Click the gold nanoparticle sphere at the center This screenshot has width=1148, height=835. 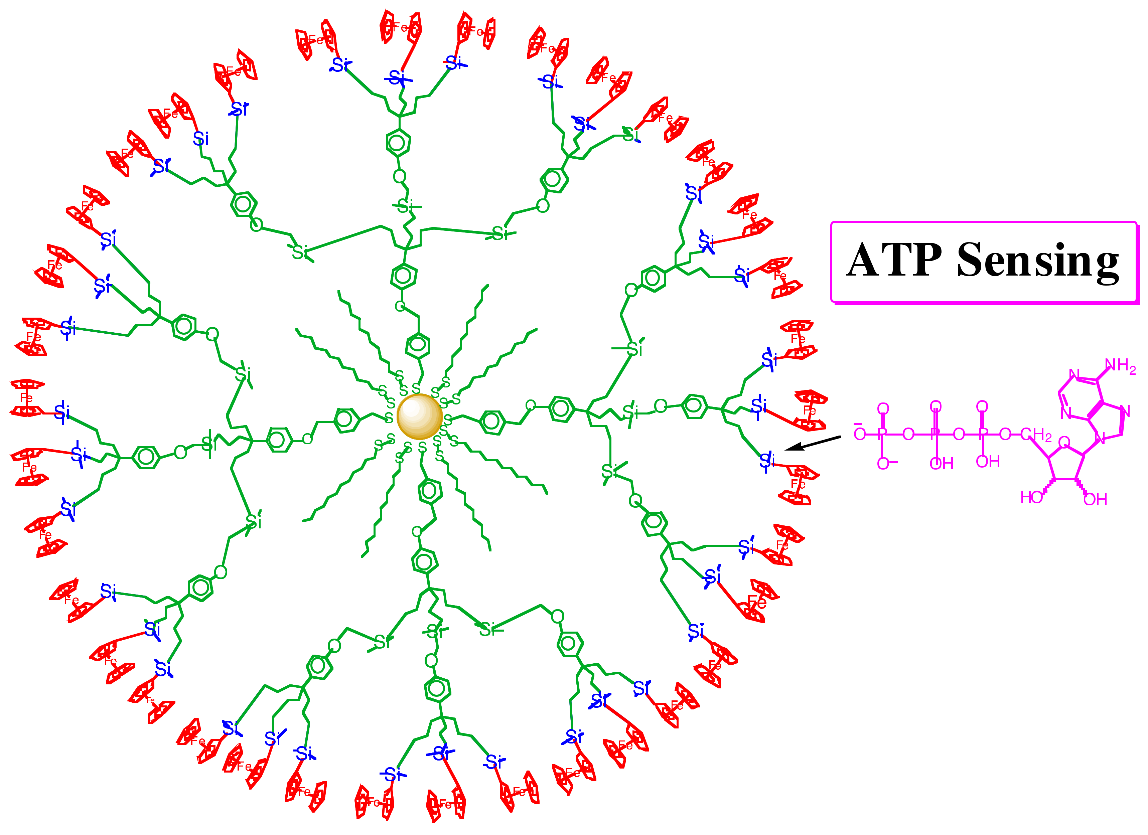click(420, 416)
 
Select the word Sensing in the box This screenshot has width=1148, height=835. click(1038, 261)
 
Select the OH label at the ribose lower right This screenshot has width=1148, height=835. click(1095, 500)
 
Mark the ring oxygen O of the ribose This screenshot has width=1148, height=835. click(1064, 443)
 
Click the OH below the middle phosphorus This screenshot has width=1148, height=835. click(941, 464)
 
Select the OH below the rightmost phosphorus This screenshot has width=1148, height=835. click(988, 462)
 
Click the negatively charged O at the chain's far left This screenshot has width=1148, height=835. click(859, 434)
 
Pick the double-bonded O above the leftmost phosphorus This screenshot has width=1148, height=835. click(883, 409)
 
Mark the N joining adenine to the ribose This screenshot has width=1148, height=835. click(1100, 438)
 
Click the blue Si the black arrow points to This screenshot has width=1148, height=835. click(767, 461)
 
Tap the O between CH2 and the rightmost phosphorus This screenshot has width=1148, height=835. click(1005, 434)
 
